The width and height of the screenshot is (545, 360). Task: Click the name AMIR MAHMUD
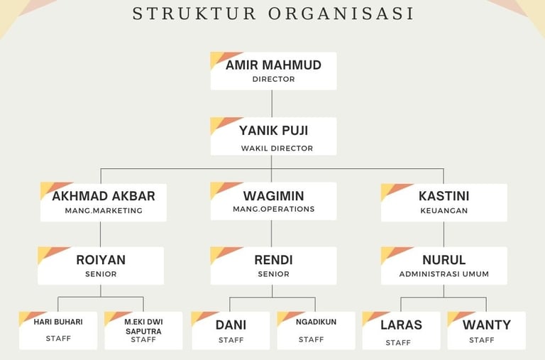273,65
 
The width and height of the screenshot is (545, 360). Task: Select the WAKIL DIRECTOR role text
276,149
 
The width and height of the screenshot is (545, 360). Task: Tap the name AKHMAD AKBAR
104,196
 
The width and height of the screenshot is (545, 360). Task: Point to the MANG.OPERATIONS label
273,209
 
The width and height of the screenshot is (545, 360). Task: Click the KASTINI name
444,196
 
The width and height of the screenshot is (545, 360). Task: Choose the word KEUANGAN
444,210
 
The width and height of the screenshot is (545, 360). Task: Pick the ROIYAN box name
101,260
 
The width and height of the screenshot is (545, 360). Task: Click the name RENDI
273,260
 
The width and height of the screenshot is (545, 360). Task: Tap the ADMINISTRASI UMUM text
444,274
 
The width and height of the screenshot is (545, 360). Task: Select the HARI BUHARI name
58,322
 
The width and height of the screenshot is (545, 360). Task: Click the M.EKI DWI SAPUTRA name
143,327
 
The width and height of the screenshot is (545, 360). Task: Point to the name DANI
231,324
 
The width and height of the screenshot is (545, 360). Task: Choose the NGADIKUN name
316,322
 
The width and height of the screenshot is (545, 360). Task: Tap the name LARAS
401,324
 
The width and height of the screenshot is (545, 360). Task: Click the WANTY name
486,324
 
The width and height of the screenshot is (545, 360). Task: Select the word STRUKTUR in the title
185,14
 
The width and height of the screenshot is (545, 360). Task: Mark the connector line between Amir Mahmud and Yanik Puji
273,103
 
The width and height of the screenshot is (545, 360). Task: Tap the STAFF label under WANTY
482,340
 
